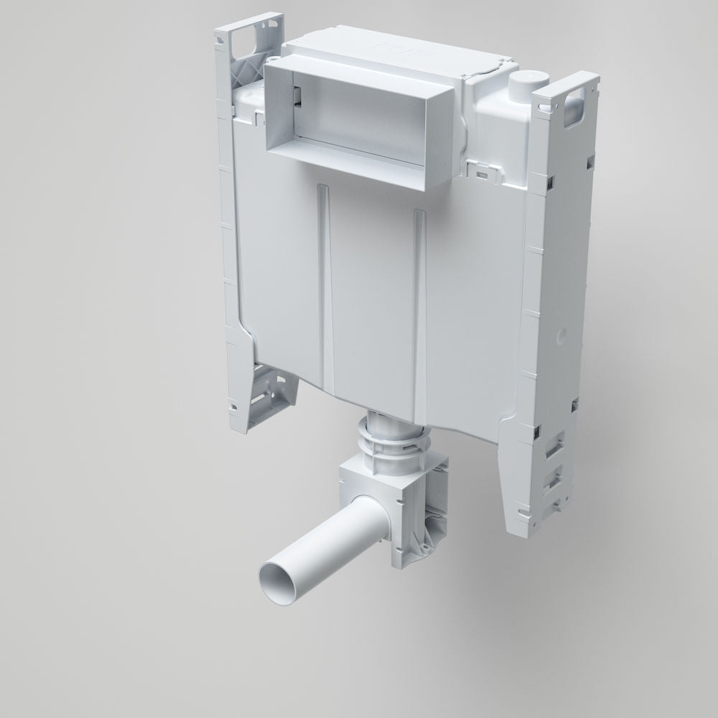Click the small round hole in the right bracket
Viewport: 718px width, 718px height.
561,334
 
